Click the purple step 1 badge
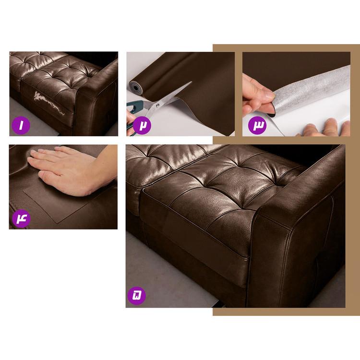click(x=21, y=125)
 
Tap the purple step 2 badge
click(x=142, y=125)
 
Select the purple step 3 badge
click(x=257, y=125)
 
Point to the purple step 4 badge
click(x=21, y=218)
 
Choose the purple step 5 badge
click(x=137, y=296)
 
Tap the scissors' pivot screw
click(x=157, y=106)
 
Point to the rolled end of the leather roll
click(x=134, y=88)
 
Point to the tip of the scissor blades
click(x=191, y=82)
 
